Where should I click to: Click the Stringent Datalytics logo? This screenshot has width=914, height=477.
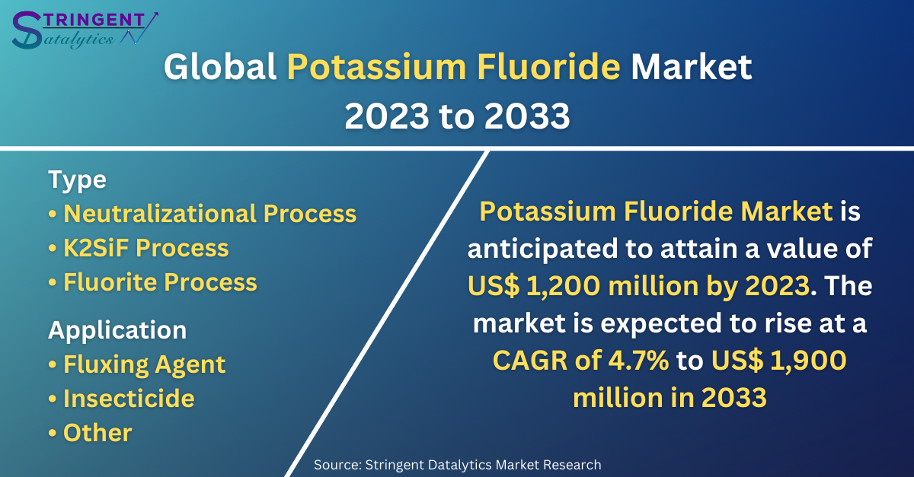(85, 30)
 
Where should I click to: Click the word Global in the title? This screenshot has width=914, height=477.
(220, 67)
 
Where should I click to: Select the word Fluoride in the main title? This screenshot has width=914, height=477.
(549, 67)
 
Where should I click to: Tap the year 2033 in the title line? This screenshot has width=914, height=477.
(527, 116)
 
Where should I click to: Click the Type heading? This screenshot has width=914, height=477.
(77, 180)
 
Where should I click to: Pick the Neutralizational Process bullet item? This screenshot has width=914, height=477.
(203, 214)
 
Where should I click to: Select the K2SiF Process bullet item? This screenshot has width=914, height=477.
(139, 248)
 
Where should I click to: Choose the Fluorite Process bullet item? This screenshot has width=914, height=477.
(152, 282)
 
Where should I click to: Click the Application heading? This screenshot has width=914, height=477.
(117, 330)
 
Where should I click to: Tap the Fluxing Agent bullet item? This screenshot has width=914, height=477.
(136, 364)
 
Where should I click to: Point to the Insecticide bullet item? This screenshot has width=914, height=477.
(121, 399)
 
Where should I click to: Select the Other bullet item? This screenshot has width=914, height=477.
(90, 433)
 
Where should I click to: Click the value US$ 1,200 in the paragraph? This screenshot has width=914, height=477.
(534, 286)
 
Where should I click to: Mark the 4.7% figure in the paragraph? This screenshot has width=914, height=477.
(638, 361)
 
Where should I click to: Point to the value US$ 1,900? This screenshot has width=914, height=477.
(779, 361)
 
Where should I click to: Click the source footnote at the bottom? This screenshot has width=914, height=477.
(458, 465)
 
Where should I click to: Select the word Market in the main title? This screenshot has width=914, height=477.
(692, 67)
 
